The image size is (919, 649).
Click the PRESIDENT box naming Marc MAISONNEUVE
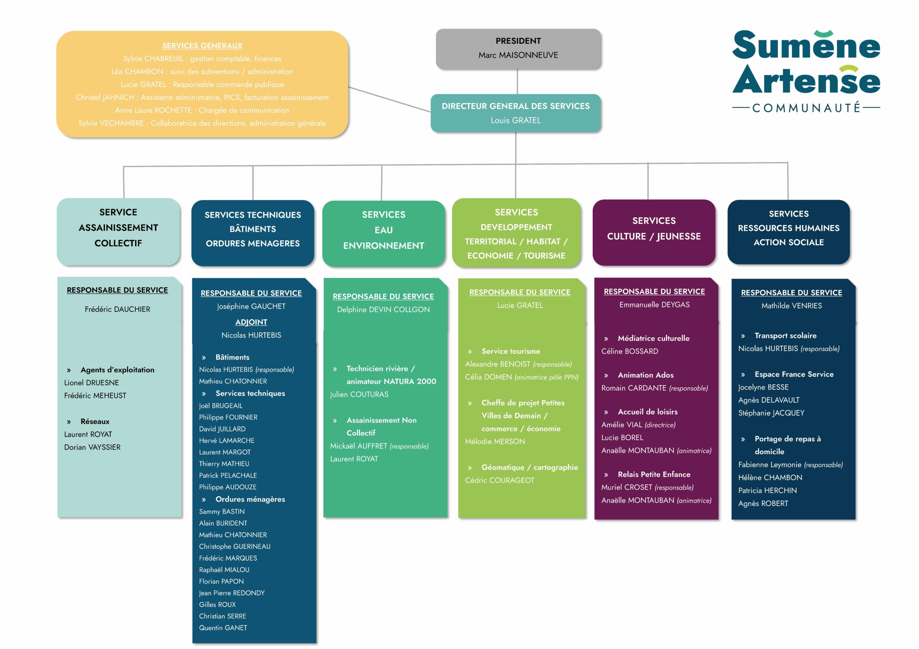pyautogui.click(x=518, y=48)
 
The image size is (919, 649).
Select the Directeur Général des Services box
pyautogui.click(x=516, y=113)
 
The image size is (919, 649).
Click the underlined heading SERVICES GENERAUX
pyautogui.click(x=202, y=46)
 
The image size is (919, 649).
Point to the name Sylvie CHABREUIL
pyautogui.click(x=153, y=59)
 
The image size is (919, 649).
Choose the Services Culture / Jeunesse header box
pyautogui.click(x=654, y=232)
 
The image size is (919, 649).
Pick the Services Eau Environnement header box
pyautogui.click(x=383, y=233)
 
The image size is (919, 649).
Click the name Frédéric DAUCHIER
pyautogui.click(x=117, y=309)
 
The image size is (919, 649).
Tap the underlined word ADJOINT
pyautogui.click(x=251, y=322)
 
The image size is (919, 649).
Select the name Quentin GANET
pyautogui.click(x=223, y=628)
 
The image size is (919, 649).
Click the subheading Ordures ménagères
pyautogui.click(x=250, y=499)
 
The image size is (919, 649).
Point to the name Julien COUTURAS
pyautogui.click(x=359, y=394)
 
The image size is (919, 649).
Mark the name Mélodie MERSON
pyautogui.click(x=495, y=441)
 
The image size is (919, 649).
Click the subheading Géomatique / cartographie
pyautogui.click(x=529, y=468)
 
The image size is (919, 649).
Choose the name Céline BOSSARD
pyautogui.click(x=630, y=351)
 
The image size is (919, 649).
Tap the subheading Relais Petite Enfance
pyautogui.click(x=654, y=474)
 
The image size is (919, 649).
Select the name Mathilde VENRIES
pyautogui.click(x=791, y=306)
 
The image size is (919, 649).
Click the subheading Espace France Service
pyautogui.click(x=794, y=374)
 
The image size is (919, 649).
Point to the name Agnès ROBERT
pyautogui.click(x=763, y=503)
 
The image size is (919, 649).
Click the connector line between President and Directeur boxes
pyautogui.click(x=517, y=82)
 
